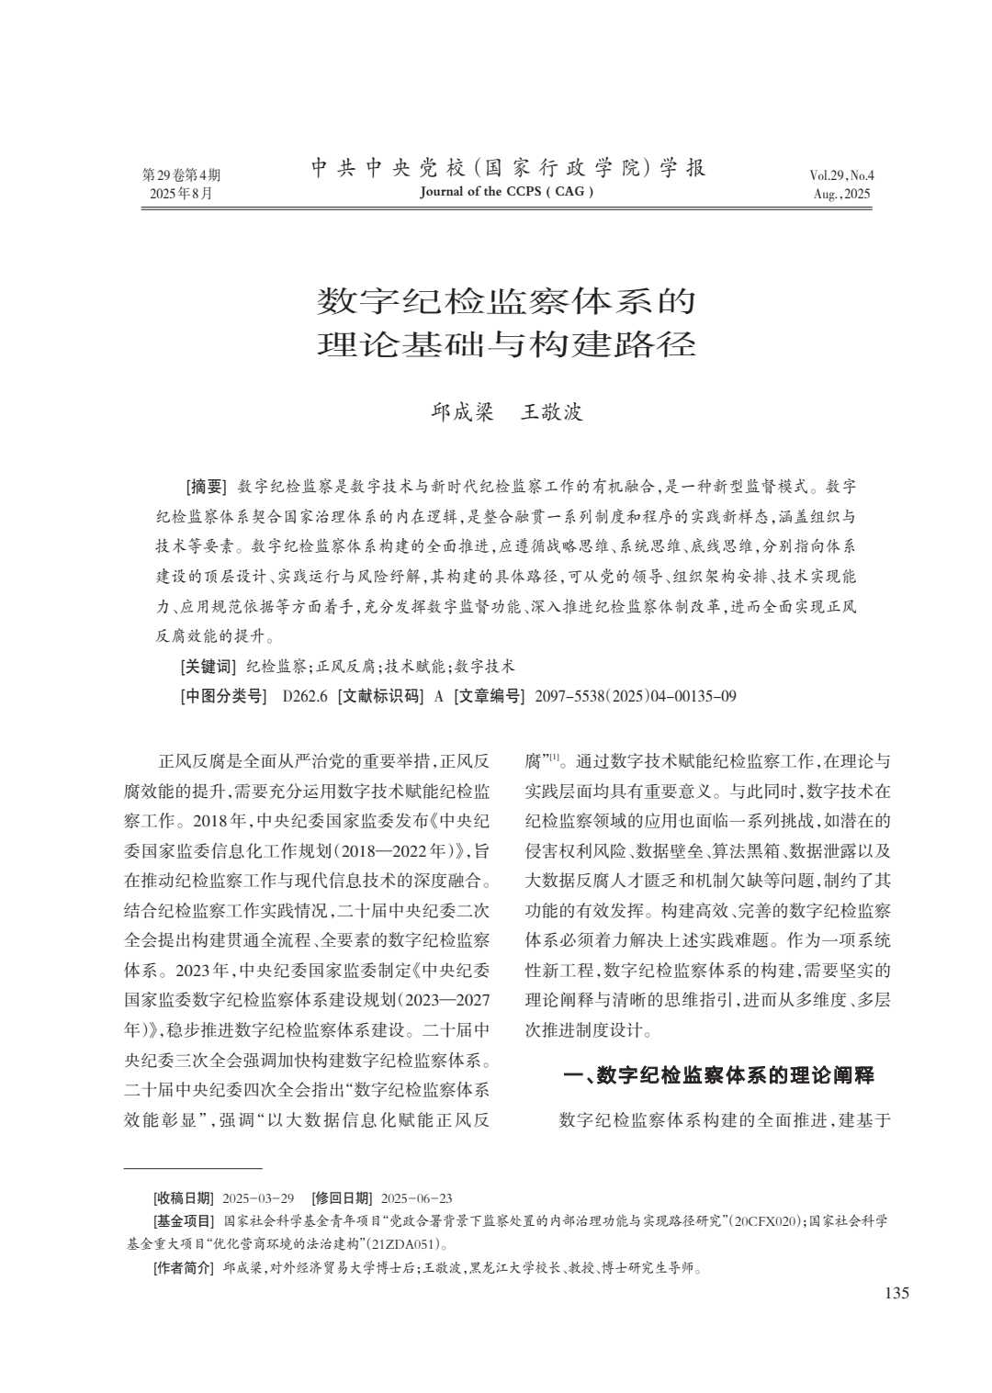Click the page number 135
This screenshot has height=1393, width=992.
tap(896, 1293)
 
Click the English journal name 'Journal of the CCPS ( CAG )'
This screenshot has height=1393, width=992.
tap(506, 192)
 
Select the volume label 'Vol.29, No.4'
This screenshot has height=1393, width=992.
tap(841, 175)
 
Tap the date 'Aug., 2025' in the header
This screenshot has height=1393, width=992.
tap(841, 194)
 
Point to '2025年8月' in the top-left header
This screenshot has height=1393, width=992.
tap(181, 194)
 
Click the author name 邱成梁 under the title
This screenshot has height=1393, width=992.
tap(463, 412)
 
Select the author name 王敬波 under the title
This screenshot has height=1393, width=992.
tap(552, 412)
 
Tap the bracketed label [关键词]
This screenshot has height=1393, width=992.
tap(208, 666)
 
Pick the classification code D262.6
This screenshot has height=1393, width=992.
tap(305, 696)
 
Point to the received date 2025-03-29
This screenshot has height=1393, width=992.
tap(258, 1198)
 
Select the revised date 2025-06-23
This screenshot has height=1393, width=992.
tap(416, 1198)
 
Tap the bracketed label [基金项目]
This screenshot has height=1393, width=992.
tap(183, 1221)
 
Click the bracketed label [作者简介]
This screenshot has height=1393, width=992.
tap(183, 1269)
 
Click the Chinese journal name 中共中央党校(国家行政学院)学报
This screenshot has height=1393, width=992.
tap(508, 168)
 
